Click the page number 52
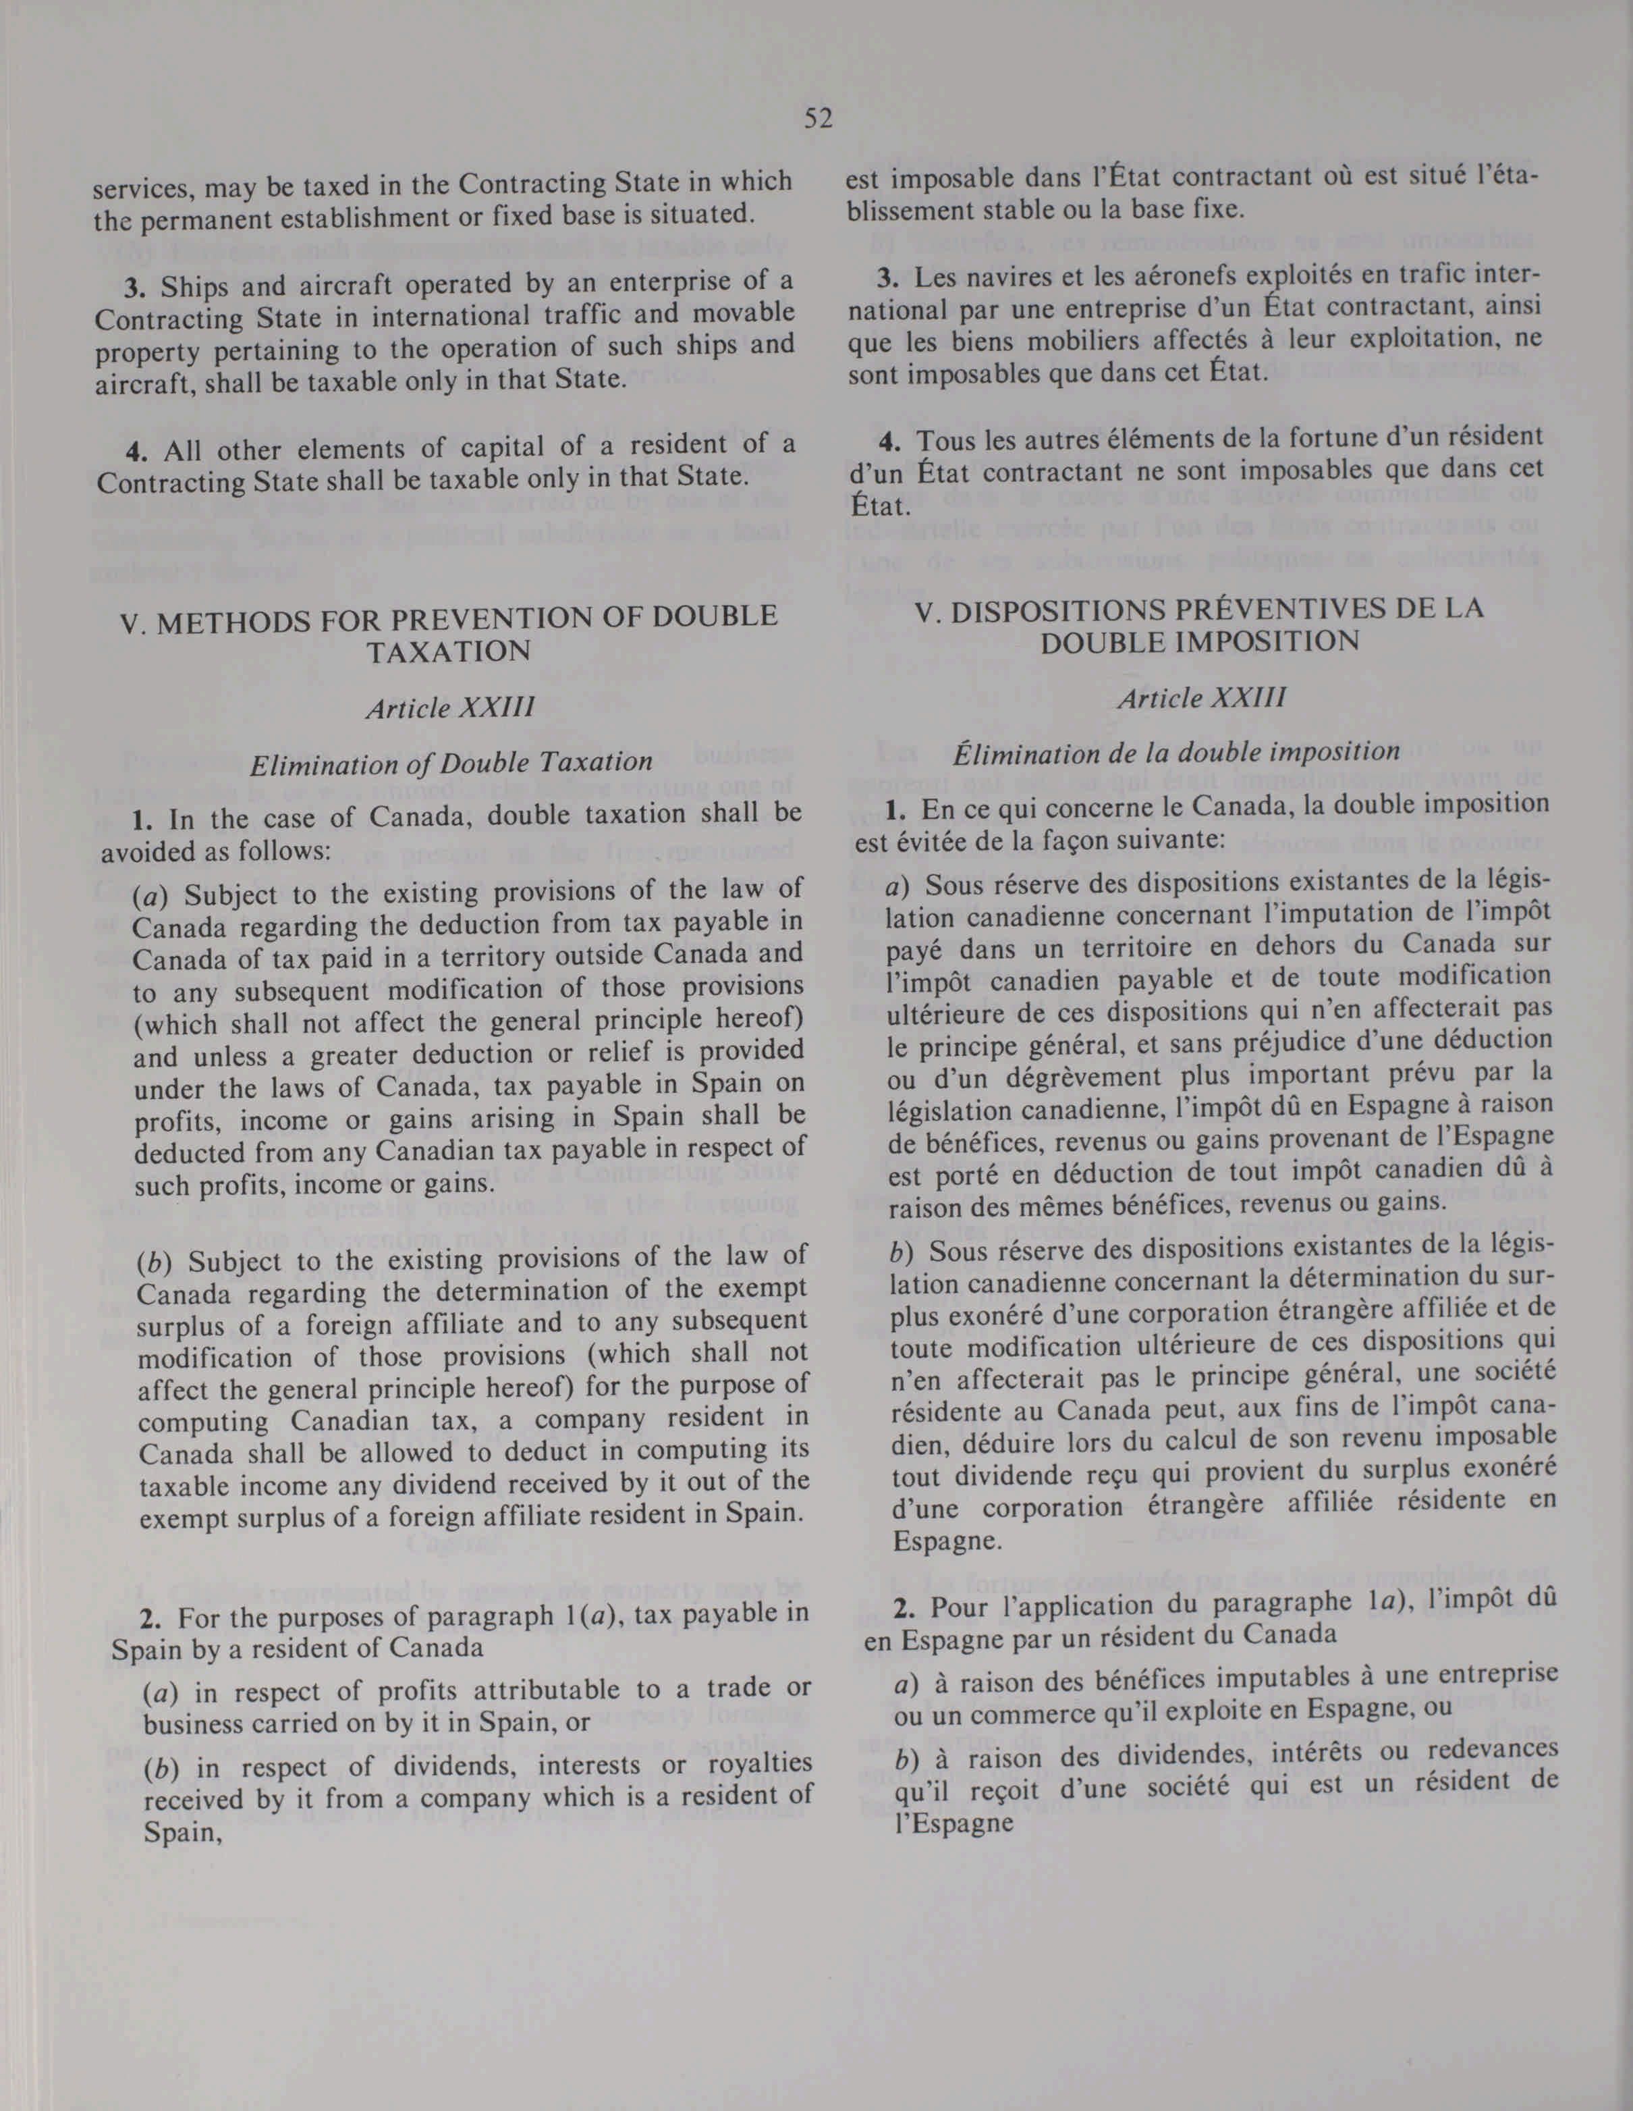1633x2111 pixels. (817, 119)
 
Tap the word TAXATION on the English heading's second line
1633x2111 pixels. (448, 652)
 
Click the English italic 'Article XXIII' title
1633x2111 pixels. (449, 708)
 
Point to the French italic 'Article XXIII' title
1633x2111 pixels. (1201, 698)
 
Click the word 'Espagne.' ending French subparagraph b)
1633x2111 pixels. (933, 1540)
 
